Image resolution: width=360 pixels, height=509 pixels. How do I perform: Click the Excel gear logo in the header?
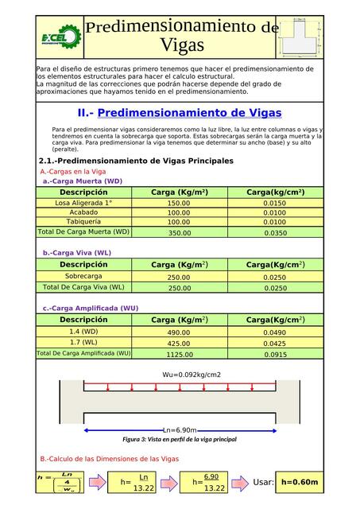pyautogui.click(x=60, y=37)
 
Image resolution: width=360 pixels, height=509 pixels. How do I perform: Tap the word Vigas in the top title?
pyautogui.click(x=182, y=45)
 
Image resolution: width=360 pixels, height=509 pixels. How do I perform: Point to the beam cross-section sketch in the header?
pyautogui.click(x=302, y=36)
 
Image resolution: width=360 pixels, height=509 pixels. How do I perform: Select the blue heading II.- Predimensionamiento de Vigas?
pyautogui.click(x=180, y=113)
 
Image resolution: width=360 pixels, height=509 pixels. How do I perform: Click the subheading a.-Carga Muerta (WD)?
pyautogui.click(x=83, y=181)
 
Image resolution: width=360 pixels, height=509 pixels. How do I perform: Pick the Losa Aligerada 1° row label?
pyautogui.click(x=83, y=203)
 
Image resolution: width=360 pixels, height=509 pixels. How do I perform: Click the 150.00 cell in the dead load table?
pyautogui.click(x=179, y=204)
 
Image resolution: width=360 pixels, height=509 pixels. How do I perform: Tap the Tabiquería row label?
pyautogui.click(x=83, y=222)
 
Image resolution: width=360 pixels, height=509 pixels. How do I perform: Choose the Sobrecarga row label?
pyautogui.click(x=83, y=277)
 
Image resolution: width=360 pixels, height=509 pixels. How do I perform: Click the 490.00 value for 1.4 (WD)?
pyautogui.click(x=179, y=332)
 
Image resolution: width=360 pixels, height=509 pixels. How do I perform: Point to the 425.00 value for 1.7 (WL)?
pyautogui.click(x=179, y=344)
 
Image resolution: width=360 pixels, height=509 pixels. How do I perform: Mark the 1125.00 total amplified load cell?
pyautogui.click(x=179, y=355)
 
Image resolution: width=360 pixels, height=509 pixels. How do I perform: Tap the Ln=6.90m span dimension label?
pyautogui.click(x=180, y=429)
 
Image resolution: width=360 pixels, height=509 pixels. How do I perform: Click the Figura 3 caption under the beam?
pyautogui.click(x=180, y=439)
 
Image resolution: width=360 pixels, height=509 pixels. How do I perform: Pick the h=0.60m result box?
pyautogui.click(x=300, y=482)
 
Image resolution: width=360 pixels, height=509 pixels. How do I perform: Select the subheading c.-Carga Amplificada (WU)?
pyautogui.click(x=91, y=308)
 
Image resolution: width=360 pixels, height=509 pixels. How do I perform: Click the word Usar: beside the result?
pyautogui.click(x=263, y=482)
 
